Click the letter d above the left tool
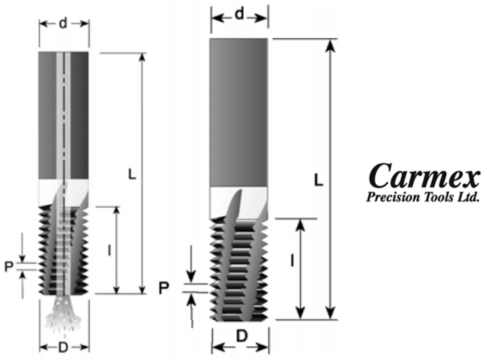pyautogui.click(x=64, y=24)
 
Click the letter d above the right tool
pyautogui.click(x=239, y=14)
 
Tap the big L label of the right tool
pyautogui.click(x=317, y=179)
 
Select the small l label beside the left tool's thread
pyautogui.click(x=110, y=249)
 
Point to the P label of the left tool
pyautogui.click(x=9, y=266)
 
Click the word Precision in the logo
pyautogui.click(x=393, y=197)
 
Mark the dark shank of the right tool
pyautogui.click(x=238, y=111)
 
